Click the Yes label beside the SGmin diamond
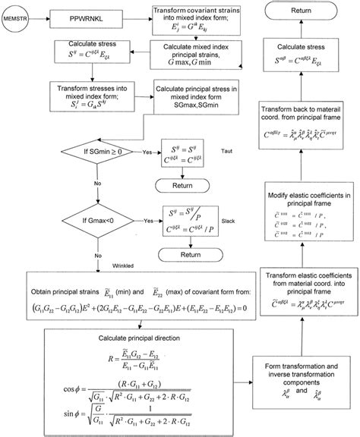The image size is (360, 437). click(146, 152)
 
